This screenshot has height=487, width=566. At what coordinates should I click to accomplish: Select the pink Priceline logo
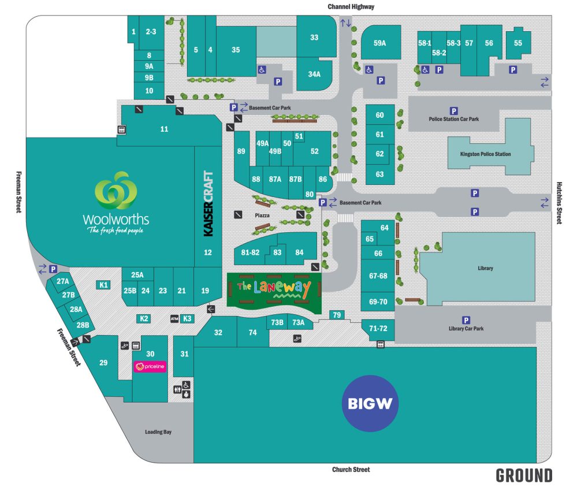click(150, 366)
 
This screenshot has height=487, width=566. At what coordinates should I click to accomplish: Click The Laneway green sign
click(274, 288)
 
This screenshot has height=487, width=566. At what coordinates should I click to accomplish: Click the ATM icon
click(174, 319)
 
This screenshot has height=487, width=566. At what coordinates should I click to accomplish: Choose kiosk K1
click(104, 284)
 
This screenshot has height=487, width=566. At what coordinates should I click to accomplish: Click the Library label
click(485, 268)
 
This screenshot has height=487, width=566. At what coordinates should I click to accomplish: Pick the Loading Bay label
click(158, 432)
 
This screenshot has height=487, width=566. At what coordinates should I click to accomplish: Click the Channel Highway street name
click(351, 7)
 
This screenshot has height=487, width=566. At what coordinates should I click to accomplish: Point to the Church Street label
click(351, 470)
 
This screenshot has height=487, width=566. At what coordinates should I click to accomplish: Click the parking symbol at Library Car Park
click(466, 320)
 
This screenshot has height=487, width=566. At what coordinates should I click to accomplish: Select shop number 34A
click(314, 74)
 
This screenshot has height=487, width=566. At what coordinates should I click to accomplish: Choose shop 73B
click(278, 323)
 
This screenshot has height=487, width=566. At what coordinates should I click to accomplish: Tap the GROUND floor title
click(524, 475)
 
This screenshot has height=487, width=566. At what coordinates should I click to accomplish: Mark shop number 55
click(517, 43)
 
